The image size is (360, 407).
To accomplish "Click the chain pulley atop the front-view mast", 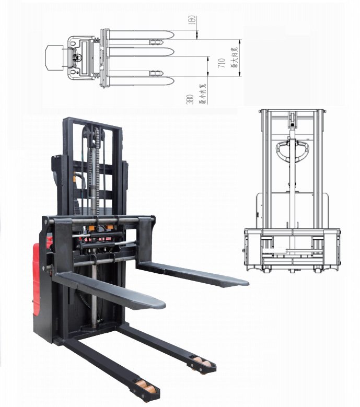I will [x=292, y=119].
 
